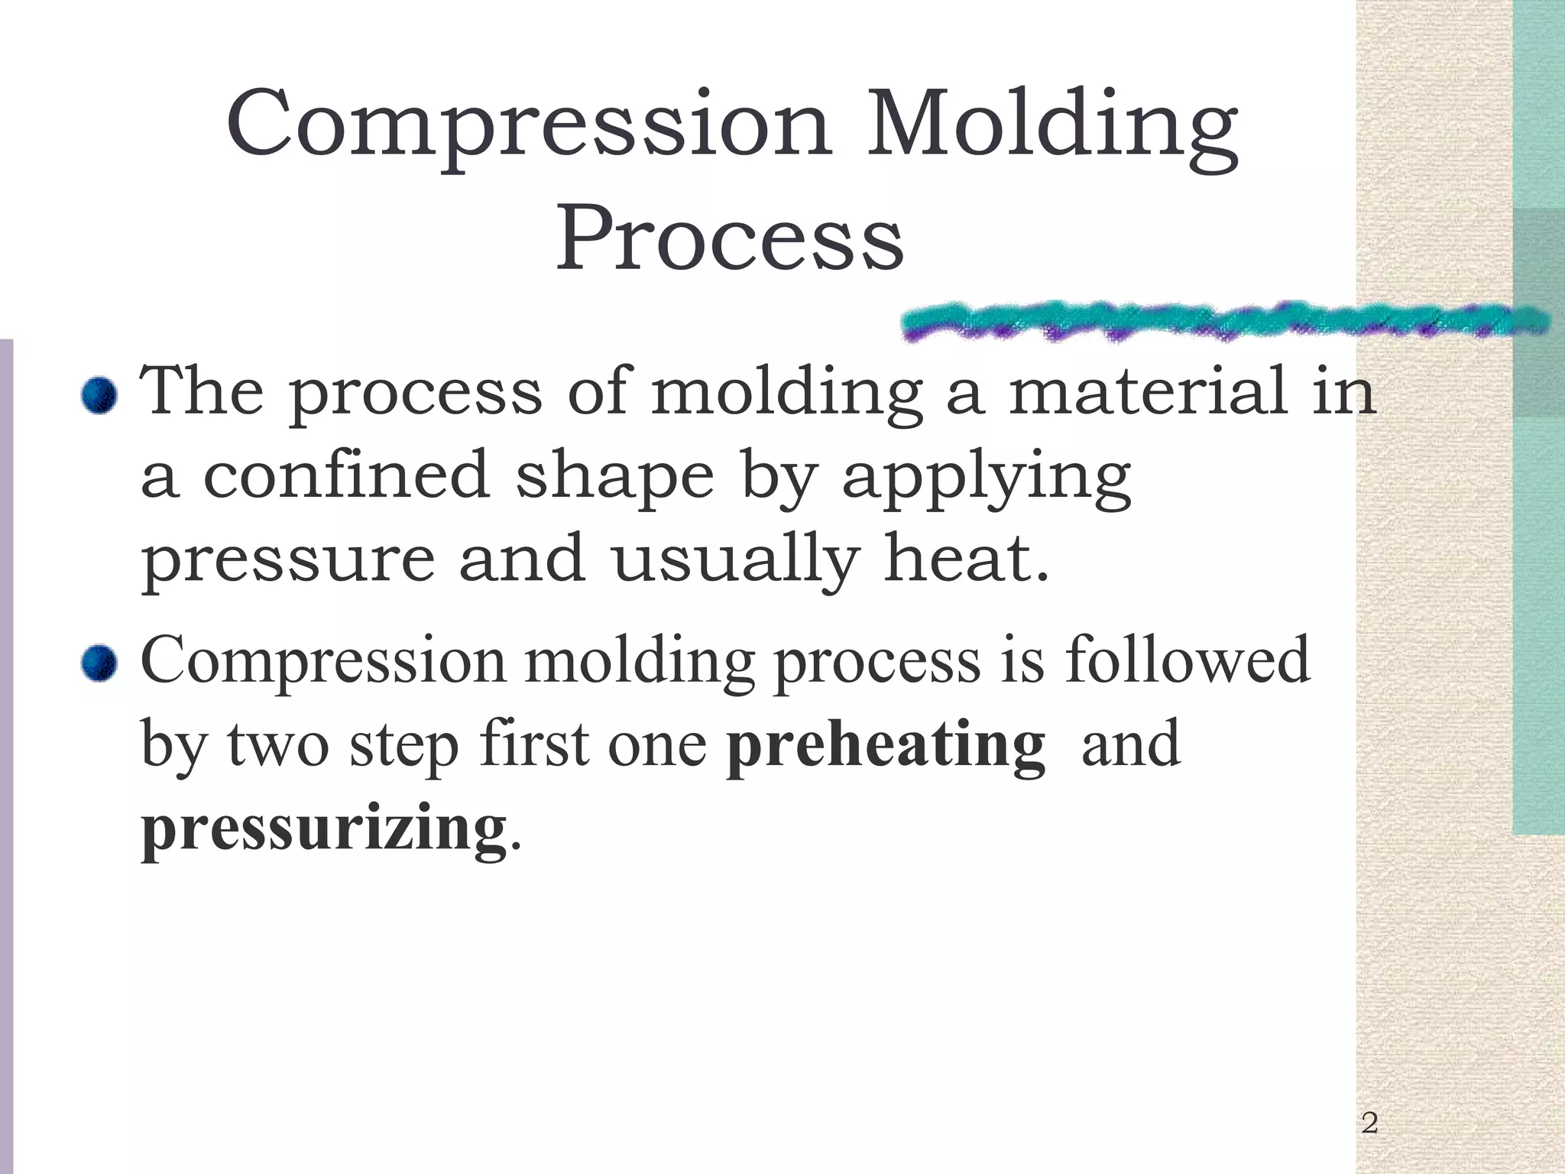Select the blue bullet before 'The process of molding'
pos(99,396)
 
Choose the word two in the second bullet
pos(278,744)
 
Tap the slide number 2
pos(1369,1123)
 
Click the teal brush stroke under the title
pos(1223,321)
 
